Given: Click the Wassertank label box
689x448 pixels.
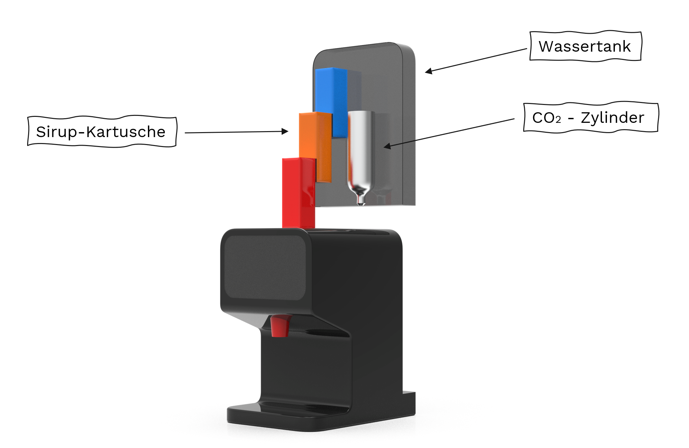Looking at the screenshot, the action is click(x=585, y=46).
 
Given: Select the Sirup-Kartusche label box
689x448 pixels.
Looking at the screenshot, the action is click(x=102, y=131).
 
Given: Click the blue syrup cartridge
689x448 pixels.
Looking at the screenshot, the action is click(x=331, y=102).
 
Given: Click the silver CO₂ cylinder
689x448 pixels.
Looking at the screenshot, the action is click(x=361, y=157).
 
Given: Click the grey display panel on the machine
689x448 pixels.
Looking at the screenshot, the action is click(x=265, y=268).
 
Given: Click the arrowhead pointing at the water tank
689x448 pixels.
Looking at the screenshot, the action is click(x=429, y=71).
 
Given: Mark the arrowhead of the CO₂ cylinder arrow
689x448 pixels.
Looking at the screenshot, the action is click(x=388, y=146).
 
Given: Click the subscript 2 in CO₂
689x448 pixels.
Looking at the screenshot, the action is click(x=558, y=120).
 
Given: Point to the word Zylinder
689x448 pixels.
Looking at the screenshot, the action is click(x=613, y=118).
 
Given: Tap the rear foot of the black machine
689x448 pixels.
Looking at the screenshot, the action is click(x=409, y=402).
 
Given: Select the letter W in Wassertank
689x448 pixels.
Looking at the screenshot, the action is click(x=546, y=46).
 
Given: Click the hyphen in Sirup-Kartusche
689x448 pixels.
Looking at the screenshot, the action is click(x=81, y=132).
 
